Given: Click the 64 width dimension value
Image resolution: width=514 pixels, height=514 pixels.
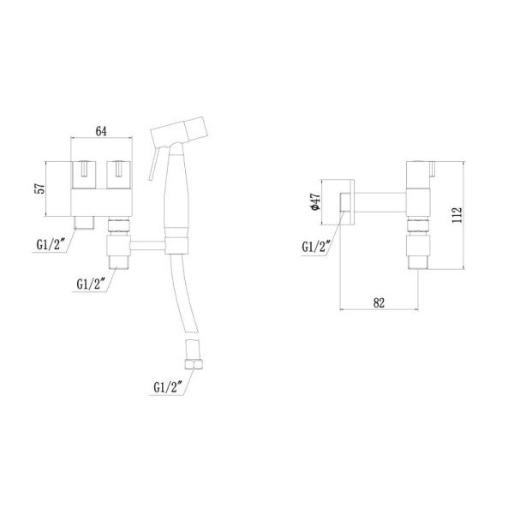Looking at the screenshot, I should (x=100, y=131).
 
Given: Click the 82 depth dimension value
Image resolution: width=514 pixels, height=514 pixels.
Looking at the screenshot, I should (x=380, y=302).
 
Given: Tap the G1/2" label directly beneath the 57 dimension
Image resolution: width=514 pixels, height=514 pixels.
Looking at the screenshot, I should (x=52, y=243).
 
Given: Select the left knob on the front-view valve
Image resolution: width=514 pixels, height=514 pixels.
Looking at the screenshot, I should (x=84, y=175).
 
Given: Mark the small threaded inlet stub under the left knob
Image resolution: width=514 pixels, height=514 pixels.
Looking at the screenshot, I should (x=84, y=223).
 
